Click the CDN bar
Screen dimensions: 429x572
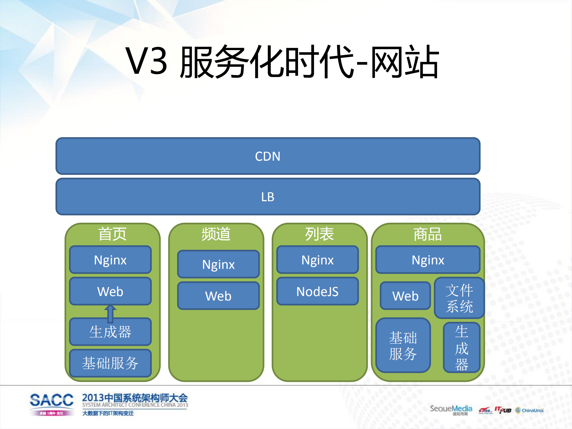268,156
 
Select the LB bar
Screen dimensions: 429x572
268,197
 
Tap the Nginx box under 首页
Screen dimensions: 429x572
110,260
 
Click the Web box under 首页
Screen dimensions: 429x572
110,291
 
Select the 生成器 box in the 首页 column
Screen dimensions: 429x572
110,332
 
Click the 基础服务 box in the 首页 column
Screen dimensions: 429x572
110,363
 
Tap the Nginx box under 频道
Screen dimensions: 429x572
218,264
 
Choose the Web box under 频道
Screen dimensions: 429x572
218,296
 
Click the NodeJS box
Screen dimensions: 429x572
317,291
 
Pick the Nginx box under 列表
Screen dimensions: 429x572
317,260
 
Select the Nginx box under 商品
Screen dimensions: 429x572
428,260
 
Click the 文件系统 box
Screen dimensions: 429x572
459,298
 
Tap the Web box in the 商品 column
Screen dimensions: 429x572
405,296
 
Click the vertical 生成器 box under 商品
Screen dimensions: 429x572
461,348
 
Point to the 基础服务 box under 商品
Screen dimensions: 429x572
403,346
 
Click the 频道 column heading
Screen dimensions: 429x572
216,234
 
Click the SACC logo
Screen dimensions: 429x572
52,400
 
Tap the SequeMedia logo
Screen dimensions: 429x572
451,409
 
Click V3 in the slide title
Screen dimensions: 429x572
146,61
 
